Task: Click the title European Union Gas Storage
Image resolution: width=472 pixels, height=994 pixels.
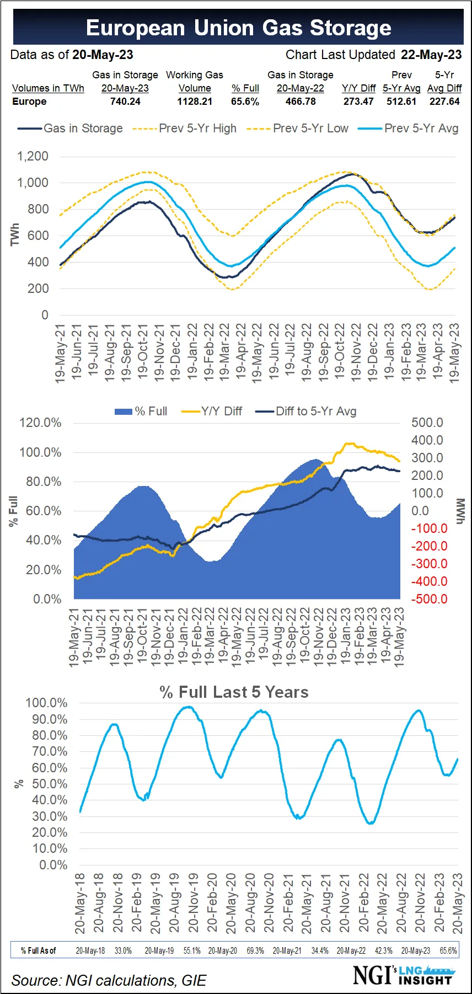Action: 238,28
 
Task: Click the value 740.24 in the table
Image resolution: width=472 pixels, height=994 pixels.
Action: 125,101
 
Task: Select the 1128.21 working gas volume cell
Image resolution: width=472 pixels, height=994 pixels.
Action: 195,101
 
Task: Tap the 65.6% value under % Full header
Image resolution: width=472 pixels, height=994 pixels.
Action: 245,101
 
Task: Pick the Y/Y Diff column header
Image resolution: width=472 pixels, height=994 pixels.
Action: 358,88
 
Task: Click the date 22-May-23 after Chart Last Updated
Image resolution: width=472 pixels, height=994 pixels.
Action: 431,55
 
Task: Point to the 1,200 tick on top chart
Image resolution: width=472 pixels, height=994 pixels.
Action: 33,156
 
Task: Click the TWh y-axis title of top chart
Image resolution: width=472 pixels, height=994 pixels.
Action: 14,234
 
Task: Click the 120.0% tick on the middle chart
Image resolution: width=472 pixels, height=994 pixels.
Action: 40,423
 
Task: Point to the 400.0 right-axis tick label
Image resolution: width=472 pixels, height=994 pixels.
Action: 427,440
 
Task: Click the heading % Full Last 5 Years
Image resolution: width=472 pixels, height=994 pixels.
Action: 234,692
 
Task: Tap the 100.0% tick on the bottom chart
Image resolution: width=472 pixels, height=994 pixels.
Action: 46,703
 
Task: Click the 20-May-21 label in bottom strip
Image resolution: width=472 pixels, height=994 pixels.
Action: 287,950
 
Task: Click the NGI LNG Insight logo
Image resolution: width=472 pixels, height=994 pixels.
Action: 403,975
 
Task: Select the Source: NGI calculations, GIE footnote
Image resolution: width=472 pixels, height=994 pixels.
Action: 109,980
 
